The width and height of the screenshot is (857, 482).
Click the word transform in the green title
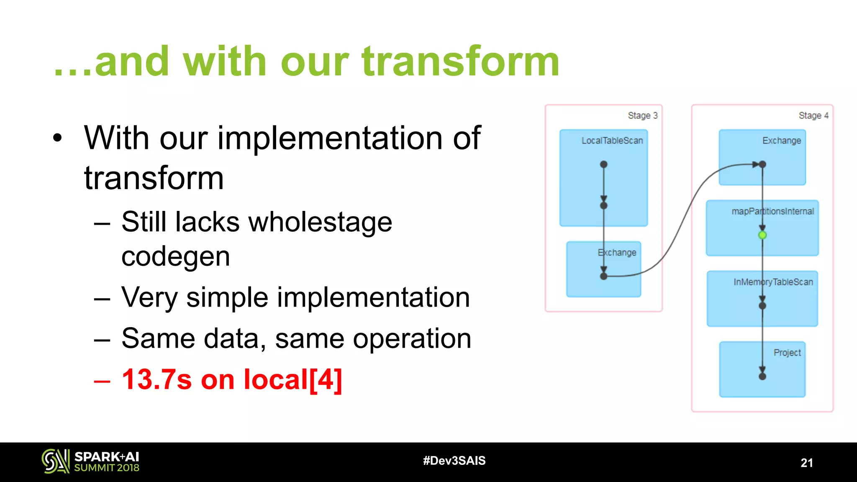(x=460, y=62)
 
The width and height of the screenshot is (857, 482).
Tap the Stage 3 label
(x=642, y=115)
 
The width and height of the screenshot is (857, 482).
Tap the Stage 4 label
(x=813, y=115)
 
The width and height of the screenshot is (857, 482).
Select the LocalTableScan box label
(x=612, y=141)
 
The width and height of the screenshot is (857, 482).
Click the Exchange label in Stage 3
(x=617, y=253)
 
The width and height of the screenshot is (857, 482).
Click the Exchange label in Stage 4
(x=781, y=141)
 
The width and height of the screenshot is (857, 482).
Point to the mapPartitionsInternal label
(x=772, y=211)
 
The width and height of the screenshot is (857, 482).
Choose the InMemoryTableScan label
(x=773, y=282)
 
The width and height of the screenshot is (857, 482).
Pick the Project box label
(x=787, y=353)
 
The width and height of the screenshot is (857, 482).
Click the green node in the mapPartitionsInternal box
(x=762, y=235)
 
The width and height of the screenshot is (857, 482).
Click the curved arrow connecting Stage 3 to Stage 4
(x=686, y=218)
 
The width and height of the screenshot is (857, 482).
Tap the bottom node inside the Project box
(x=762, y=377)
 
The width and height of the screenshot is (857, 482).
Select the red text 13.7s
(x=157, y=380)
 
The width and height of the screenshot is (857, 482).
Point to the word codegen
(x=176, y=256)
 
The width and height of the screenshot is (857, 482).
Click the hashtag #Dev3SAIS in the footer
(x=454, y=461)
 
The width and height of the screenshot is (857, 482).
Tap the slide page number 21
(x=806, y=463)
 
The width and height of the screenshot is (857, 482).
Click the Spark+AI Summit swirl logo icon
(x=55, y=461)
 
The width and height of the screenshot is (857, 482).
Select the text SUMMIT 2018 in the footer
(x=107, y=468)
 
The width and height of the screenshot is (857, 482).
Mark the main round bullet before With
(x=57, y=138)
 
